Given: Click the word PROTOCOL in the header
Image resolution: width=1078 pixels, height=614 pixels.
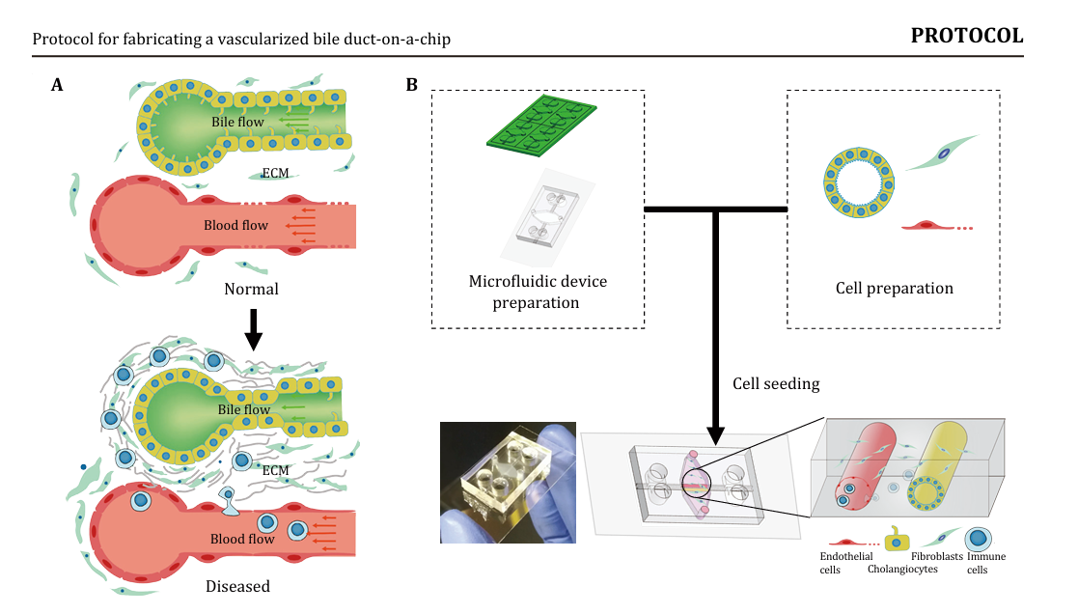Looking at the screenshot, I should pos(967,37).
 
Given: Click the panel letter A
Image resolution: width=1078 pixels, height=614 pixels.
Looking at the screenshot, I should pos(58,85).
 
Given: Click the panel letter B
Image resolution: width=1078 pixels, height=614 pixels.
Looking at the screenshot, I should pos(412,85).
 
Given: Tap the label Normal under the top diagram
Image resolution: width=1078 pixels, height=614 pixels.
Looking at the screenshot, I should pos(251,289).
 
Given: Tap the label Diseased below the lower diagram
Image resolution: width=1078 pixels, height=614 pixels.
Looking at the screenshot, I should pos(237,585).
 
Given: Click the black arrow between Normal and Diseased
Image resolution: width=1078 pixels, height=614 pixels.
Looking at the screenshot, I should pos(253,329).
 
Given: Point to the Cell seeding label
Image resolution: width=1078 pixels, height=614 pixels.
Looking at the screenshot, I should pos(776,383).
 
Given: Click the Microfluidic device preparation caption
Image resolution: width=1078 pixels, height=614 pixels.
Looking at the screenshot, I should pos(537,292).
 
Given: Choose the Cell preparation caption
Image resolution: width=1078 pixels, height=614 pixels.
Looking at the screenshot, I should pos(894,288).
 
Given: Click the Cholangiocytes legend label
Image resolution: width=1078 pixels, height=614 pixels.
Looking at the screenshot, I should pos(902,570).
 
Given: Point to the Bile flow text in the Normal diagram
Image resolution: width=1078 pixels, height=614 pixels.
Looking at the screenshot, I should pos(238,123).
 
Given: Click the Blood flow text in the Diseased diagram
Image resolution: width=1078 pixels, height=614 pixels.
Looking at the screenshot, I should pos(242,539).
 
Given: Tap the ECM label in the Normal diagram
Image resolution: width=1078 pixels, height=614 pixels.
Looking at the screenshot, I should pos(276,175).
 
